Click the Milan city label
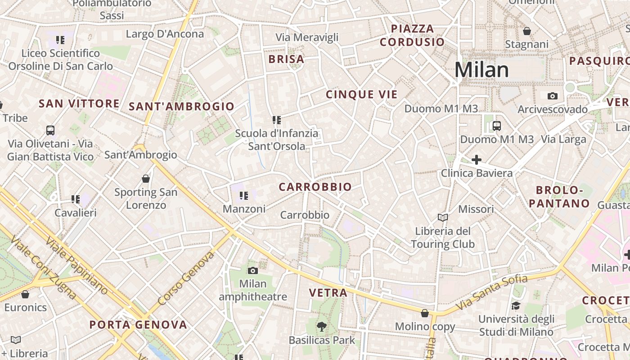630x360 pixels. (x=481, y=70)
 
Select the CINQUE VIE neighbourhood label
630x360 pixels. (x=362, y=94)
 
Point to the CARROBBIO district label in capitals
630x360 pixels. (x=315, y=187)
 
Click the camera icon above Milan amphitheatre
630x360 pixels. (x=253, y=270)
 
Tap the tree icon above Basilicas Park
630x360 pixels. (x=321, y=326)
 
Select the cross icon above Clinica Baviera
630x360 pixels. (x=476, y=159)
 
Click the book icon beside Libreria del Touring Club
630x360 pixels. (x=443, y=218)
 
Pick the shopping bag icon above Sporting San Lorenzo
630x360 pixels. (x=145, y=179)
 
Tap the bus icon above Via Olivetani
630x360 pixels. (x=50, y=130)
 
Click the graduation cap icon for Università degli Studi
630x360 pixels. (x=516, y=306)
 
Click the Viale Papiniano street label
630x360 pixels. (x=76, y=265)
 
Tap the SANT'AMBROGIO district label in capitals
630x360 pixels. (x=181, y=107)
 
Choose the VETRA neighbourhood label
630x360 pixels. (x=328, y=293)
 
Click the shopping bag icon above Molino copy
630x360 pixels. (x=425, y=313)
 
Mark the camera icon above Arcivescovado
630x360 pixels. (x=553, y=96)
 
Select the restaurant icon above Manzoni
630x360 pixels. (x=244, y=195)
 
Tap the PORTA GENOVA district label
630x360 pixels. (x=138, y=325)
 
